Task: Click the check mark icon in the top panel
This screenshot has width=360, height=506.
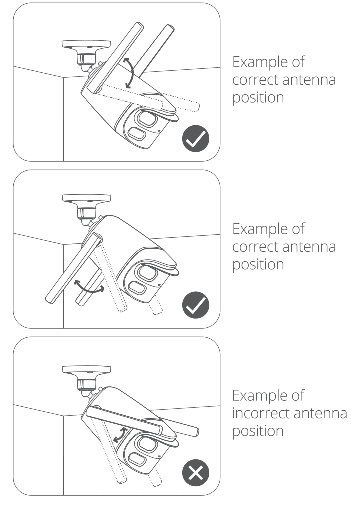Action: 195,138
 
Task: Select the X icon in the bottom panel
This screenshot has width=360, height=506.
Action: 195,472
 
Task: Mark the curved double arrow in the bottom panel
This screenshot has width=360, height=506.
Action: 118,434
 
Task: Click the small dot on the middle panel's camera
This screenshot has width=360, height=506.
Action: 158,285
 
